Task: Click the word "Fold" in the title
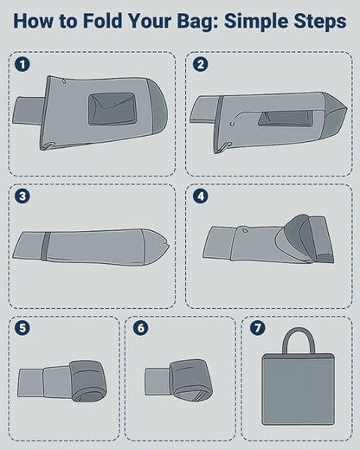[102, 21]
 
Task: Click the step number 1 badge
[22, 64]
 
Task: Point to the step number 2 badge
[200, 64]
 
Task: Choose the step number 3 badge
[22, 196]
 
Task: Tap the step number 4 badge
[200, 196]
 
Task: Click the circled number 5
[22, 328]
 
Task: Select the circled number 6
[140, 328]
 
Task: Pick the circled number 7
[257, 328]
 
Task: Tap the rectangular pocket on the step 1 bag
[112, 109]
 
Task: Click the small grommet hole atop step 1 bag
[63, 81]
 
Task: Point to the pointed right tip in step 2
[347, 109]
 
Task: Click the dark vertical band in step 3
[44, 246]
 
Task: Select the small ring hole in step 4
[245, 230]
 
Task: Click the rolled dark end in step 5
[87, 381]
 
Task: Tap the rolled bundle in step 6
[190, 380]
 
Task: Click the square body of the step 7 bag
[298, 389]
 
